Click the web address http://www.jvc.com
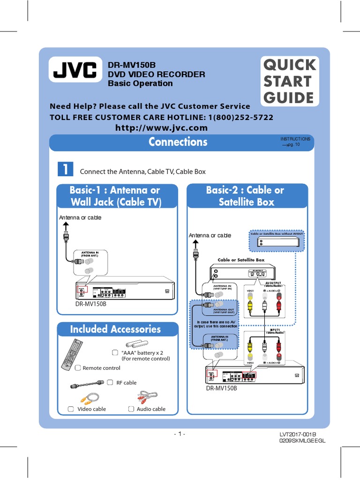[161, 128]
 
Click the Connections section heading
[178, 142]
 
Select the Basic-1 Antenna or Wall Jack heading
[115, 196]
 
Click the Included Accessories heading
[115, 329]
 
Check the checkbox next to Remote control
[78, 368]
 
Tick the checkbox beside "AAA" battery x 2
[115, 352]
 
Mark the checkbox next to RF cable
[110, 382]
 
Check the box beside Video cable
[71, 409]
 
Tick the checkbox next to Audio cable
[131, 409]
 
